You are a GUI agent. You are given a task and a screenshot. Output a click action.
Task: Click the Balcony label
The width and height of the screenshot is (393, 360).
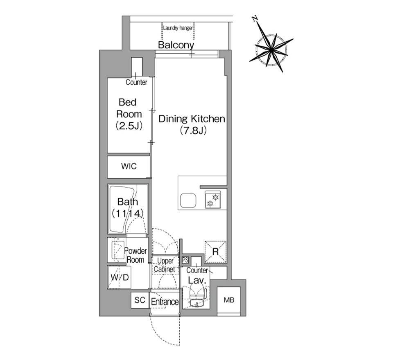(x=176, y=45)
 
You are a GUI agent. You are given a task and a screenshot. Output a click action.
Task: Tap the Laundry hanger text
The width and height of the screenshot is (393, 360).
(x=178, y=28)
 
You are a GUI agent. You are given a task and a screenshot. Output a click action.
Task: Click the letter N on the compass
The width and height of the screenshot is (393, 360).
(x=255, y=19)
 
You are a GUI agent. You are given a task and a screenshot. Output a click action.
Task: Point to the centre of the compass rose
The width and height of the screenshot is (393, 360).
(x=271, y=50)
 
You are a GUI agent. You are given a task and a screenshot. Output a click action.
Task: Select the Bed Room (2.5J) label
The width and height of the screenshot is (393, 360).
(x=129, y=114)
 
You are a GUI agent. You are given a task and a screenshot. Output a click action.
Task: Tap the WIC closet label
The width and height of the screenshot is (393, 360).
(x=129, y=166)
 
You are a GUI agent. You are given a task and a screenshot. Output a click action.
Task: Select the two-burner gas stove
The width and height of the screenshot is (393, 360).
(x=212, y=199)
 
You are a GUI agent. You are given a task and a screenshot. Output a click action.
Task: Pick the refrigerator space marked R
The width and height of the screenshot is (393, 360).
(x=216, y=252)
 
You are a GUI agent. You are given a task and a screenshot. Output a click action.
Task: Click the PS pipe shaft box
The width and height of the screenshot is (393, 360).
(x=185, y=260)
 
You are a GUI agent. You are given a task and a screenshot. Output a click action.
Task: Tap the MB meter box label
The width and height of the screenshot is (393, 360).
(x=229, y=300)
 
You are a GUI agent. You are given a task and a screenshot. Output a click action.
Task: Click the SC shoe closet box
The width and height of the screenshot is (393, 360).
(x=140, y=300)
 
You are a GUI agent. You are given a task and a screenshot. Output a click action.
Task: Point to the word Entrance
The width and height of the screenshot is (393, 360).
(x=165, y=302)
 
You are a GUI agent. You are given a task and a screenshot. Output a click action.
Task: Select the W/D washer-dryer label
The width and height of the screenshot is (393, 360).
(x=120, y=277)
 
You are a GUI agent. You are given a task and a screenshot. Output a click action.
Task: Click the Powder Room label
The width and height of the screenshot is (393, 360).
(x=136, y=255)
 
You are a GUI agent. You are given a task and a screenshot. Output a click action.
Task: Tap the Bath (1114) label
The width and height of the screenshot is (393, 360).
(x=128, y=207)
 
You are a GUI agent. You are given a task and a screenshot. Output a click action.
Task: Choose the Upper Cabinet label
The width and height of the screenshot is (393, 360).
(x=165, y=265)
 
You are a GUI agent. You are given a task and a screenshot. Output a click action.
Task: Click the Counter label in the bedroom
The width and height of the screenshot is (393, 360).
(x=136, y=82)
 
